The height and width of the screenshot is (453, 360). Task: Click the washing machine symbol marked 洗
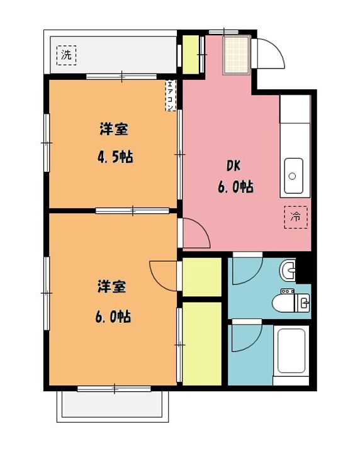[67, 55]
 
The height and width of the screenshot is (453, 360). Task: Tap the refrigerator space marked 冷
[296, 217]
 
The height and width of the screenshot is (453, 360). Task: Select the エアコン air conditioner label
[171, 96]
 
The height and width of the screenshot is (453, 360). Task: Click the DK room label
[233, 166]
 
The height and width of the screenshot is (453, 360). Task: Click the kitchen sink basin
[293, 176]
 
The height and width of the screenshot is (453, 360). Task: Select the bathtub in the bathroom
[291, 351]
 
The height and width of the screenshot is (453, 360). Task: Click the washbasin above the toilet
[287, 270]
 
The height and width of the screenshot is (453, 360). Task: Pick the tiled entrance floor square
[237, 55]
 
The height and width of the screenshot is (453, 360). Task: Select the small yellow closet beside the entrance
[191, 54]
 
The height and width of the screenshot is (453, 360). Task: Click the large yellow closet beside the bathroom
[202, 344]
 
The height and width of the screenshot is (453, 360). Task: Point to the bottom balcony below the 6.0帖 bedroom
[113, 406]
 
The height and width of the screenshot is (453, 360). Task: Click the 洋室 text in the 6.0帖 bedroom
[111, 287]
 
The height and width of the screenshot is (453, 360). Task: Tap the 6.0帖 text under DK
[236, 187]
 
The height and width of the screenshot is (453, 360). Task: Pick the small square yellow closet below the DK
[202, 277]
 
